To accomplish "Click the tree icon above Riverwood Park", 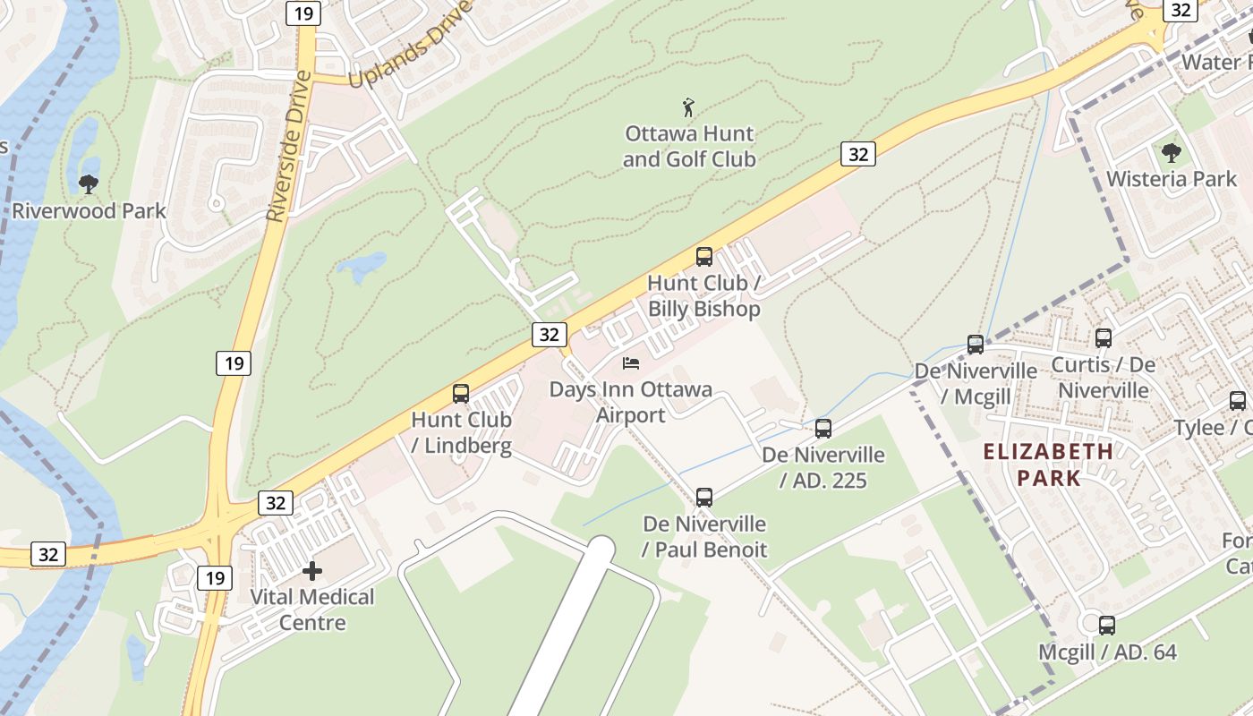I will coord(88,184).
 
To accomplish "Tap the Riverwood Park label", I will coord(89,211).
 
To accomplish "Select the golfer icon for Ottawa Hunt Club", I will coord(688,108).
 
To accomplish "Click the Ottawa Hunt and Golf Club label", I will coord(689,147).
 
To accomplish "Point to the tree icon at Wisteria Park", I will coord(1171,152).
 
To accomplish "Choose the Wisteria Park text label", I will coord(1171,179).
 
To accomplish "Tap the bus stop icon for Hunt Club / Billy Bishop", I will coord(704,257).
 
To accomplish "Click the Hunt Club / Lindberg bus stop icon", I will coord(461,393).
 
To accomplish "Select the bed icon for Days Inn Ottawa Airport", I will coord(631,363).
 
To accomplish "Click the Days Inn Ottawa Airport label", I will coord(631,402).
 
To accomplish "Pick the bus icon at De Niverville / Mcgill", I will coord(976,345).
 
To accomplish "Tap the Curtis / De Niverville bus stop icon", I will coord(1104,338).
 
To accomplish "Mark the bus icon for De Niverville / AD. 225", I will coord(823,429).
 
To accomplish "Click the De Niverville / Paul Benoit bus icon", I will coord(704,497).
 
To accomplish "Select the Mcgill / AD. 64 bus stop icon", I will coord(1107,626).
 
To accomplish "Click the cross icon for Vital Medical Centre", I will coord(312,570).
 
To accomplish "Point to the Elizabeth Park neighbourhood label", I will coord(1049,465).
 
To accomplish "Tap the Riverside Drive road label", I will coord(289,146).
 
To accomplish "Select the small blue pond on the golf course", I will coord(361,266).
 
